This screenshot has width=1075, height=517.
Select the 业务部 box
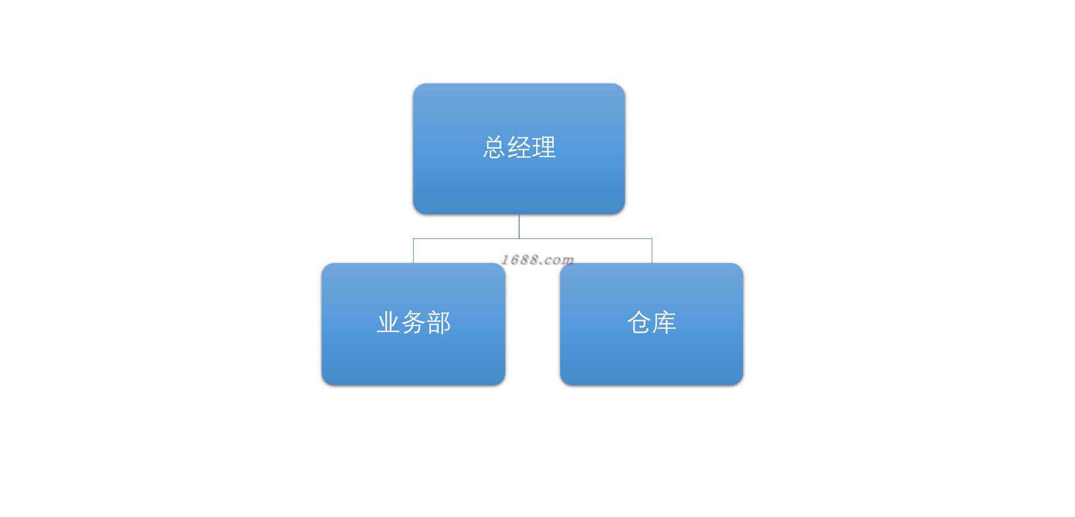[413, 358]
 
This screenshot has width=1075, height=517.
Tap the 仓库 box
[651, 358]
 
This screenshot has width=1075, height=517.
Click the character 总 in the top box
[494, 148]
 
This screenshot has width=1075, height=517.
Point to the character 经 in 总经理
[519, 148]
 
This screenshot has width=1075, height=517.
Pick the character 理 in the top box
[544, 148]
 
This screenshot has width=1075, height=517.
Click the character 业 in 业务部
[389, 323]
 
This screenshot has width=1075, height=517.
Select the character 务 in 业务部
[413, 323]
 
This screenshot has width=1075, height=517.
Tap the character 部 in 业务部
[438, 323]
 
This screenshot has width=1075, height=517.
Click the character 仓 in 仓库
[639, 323]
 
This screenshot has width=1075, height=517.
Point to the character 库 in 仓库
[664, 323]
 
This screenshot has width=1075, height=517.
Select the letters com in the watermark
[560, 260]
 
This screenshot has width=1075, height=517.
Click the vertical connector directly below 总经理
[519, 226]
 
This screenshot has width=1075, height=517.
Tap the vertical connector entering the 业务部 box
[413, 251]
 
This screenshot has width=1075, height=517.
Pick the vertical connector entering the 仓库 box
[652, 251]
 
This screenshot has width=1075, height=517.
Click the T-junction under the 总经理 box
[519, 238]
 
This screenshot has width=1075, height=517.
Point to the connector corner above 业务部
[413, 238]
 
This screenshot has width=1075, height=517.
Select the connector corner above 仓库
[652, 238]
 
